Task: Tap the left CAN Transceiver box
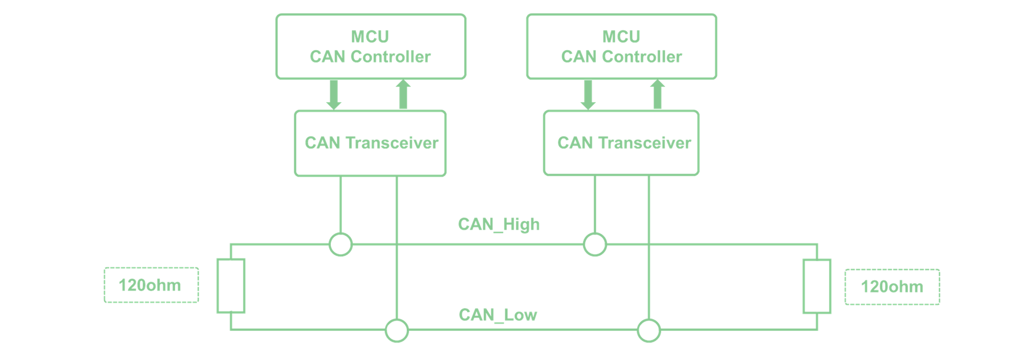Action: pos(370,143)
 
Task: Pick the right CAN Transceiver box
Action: pos(621,143)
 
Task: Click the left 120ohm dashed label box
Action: pos(151,285)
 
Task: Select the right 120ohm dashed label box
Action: pos(892,287)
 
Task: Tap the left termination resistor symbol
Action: pos(231,286)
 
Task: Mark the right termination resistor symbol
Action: pos(817,286)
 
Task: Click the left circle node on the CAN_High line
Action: pos(340,245)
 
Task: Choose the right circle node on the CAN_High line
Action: pos(595,245)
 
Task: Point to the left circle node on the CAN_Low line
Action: pos(397,331)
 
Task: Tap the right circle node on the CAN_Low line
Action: pos(649,331)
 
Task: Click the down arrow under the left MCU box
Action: pos(333,95)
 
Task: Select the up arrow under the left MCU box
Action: pos(403,95)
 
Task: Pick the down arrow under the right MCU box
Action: pos(588,95)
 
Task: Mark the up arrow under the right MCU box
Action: pos(658,95)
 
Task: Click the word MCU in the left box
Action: pos(370,36)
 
